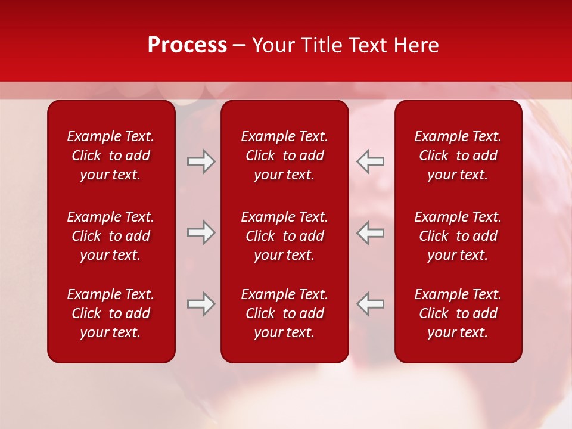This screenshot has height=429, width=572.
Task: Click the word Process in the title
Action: click(187, 45)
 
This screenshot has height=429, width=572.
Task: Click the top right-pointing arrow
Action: click(201, 161)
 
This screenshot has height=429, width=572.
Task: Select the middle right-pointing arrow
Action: click(201, 232)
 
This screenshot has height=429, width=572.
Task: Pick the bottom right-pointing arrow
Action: click(201, 304)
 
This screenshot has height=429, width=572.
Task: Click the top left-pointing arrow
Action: click(370, 161)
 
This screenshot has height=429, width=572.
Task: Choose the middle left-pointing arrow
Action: click(370, 232)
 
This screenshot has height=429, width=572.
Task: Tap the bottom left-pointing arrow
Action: click(370, 304)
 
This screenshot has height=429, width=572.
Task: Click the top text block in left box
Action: click(111, 156)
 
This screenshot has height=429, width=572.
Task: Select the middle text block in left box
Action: click(111, 236)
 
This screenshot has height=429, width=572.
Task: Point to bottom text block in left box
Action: click(111, 313)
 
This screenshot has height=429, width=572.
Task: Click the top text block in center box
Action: click(284, 156)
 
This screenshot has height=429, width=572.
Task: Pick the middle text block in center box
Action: click(284, 236)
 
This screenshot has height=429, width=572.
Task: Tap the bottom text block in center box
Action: click(284, 313)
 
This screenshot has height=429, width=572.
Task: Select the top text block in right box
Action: click(458, 156)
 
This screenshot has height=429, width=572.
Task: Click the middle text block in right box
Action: click(458, 236)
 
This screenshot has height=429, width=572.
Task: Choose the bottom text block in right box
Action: click(458, 313)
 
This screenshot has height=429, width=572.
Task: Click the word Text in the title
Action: click(368, 45)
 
